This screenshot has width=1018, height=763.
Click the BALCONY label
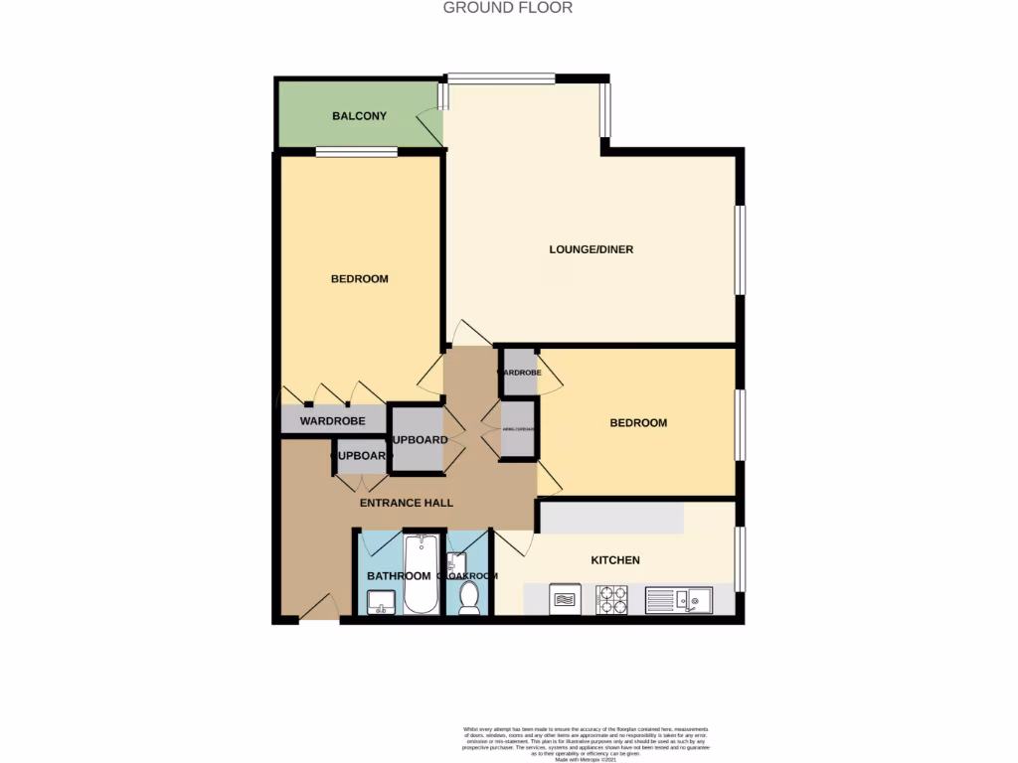359,116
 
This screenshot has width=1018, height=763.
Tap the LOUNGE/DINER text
592,249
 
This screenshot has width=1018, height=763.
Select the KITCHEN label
615,560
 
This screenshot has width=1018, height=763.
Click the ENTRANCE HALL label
406,503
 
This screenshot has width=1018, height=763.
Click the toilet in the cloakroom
470,598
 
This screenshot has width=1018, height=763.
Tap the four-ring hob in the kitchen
610,600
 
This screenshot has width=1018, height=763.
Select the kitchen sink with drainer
678,600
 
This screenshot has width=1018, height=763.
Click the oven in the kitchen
565,600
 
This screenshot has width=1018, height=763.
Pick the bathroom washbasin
379,600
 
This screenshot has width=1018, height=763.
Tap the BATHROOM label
398,576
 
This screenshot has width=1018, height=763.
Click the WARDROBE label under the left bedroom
332,421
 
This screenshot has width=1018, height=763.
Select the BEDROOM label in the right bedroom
638,423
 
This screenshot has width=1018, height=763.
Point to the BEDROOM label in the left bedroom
359,279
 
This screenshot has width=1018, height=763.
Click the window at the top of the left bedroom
357,152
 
